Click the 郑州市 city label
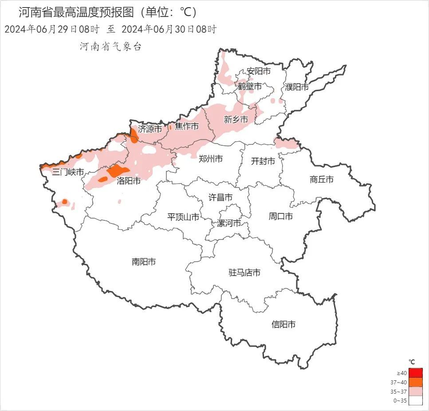210,159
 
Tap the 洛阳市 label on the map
129,181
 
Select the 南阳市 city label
144,262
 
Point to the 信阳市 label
283,324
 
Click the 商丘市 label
321,180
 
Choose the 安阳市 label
259,71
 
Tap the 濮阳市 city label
297,87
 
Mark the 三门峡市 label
68,172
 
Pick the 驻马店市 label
244,272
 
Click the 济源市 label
150,129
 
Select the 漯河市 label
229,223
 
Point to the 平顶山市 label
183,217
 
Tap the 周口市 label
280,216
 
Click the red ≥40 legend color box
416,373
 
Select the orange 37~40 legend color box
416,382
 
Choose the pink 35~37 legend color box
416,391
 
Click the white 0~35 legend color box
416,401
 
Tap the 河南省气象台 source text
110,46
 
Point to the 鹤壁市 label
250,86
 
